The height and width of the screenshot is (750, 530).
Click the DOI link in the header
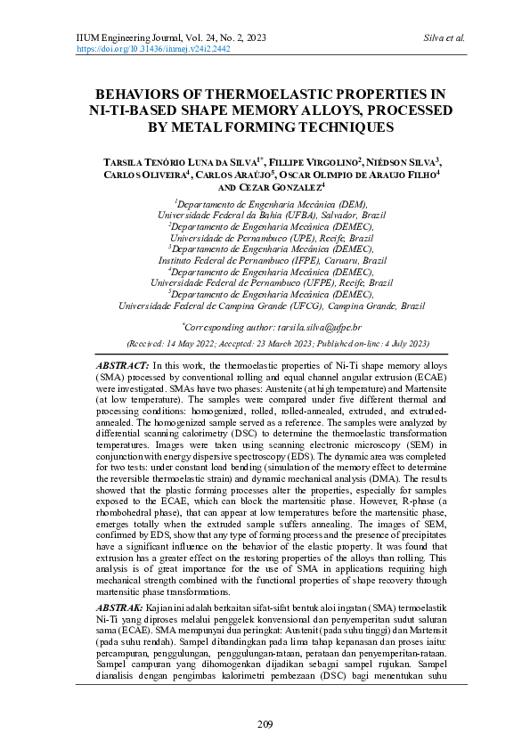[x=148, y=50]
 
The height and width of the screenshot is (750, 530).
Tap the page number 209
[x=265, y=721]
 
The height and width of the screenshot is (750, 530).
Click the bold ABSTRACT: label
[x=122, y=366]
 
